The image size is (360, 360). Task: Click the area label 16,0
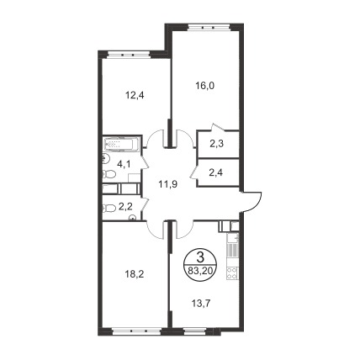point(204,86)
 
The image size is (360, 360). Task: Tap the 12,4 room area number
point(135,96)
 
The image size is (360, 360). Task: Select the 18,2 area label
point(135,274)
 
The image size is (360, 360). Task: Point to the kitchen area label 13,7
point(201,303)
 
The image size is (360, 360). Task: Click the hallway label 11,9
point(168,184)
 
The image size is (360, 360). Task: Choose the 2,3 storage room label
point(216,144)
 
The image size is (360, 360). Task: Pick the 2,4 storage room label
point(216,172)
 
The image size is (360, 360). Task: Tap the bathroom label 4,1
point(124,164)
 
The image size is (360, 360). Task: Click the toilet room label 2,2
point(125,207)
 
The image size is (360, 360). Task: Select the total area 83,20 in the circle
point(200,271)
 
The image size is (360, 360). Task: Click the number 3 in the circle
point(200,257)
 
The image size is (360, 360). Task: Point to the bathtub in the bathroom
point(121,144)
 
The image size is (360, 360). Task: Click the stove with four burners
point(232,273)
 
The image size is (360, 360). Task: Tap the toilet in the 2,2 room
point(109,208)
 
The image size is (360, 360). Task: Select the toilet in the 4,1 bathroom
point(109,174)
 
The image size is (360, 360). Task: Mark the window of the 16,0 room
point(209,27)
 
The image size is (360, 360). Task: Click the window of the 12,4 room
point(130,54)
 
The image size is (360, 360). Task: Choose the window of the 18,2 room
point(136,331)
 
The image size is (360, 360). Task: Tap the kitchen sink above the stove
point(232,238)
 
